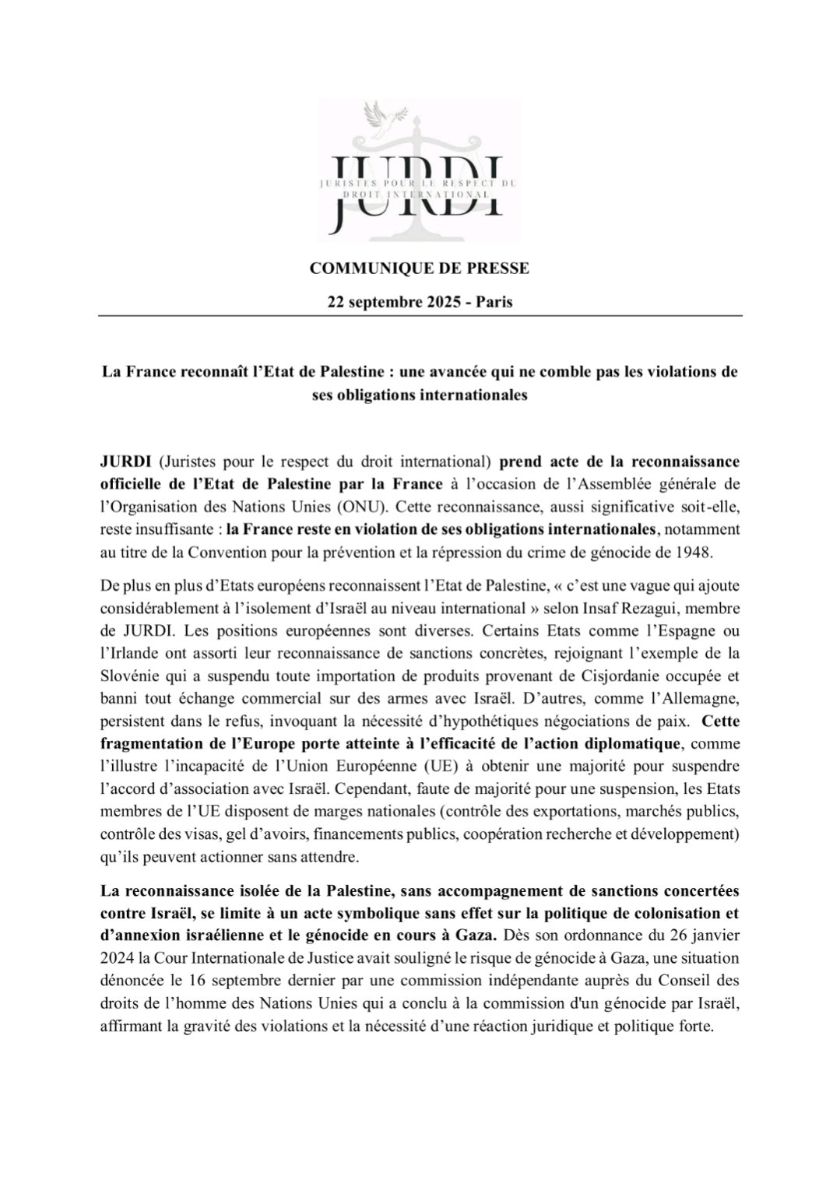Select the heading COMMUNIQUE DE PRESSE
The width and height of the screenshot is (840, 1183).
point(420,269)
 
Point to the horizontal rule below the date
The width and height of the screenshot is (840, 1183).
point(420,315)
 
